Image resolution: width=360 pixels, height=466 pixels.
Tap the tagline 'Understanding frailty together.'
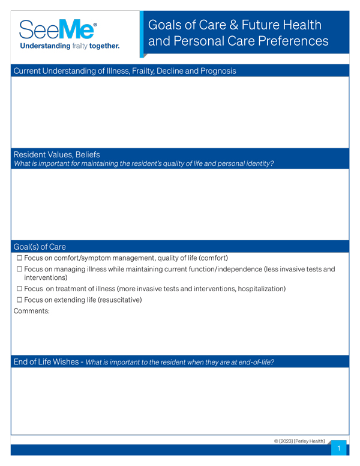coord(70,46)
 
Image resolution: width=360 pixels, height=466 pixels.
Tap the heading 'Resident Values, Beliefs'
coord(56,154)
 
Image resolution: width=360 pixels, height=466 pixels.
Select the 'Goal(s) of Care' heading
coord(40,246)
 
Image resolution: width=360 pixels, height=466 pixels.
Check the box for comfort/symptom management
coord(19,258)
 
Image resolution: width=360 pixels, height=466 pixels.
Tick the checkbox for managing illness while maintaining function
coord(19,270)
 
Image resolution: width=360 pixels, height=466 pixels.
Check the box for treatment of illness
coord(19,289)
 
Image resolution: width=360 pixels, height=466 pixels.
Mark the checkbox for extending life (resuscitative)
coord(19,300)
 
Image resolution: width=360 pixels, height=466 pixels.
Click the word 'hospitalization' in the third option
coord(258,289)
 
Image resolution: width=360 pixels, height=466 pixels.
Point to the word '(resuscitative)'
coord(120,300)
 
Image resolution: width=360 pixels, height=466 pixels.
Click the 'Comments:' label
coord(32,311)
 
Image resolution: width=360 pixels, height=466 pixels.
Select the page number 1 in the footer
coord(339,449)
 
